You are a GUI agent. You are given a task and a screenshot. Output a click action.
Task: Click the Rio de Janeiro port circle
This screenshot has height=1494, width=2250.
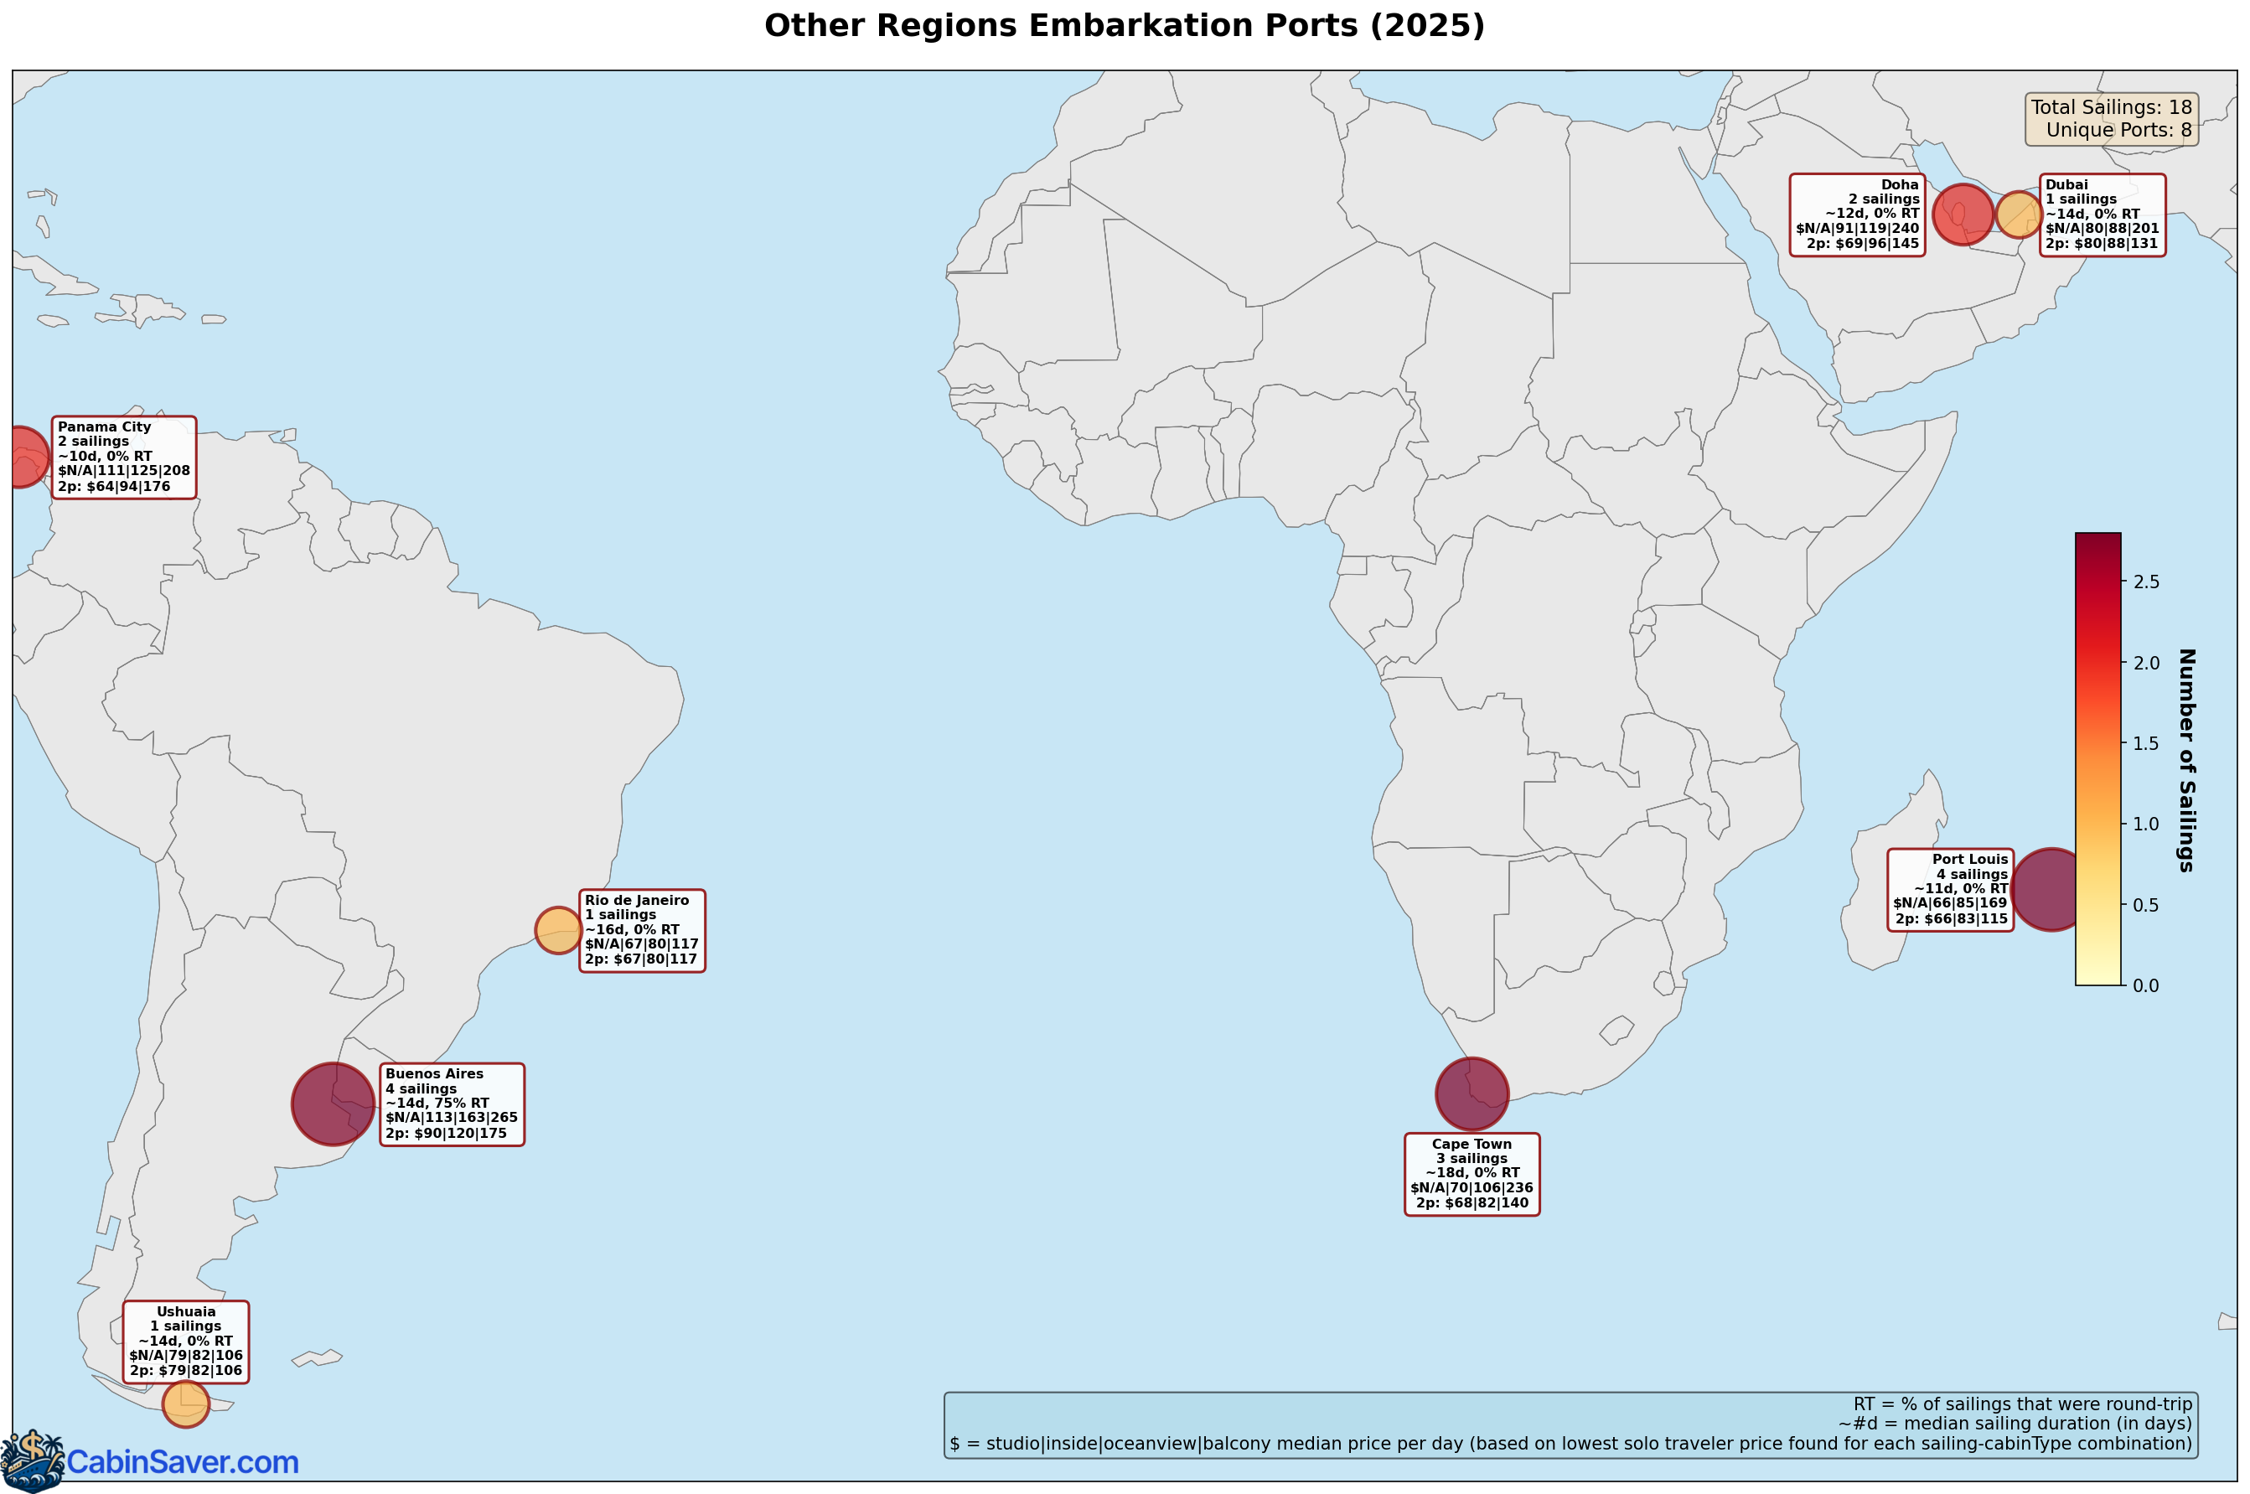click(x=557, y=930)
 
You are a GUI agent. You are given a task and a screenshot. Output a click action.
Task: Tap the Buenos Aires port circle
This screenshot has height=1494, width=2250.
click(x=333, y=1104)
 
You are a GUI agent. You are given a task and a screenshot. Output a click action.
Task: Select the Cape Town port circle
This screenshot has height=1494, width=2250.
click(x=1472, y=1093)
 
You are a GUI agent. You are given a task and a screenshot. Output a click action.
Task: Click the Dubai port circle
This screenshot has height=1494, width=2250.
click(x=2018, y=215)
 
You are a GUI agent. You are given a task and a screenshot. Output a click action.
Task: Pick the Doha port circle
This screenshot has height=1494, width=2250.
click(x=1963, y=215)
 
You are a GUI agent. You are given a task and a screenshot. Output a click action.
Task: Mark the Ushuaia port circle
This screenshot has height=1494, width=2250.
click(x=185, y=1404)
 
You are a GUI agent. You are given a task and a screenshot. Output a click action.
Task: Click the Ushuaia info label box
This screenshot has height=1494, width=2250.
click(x=186, y=1341)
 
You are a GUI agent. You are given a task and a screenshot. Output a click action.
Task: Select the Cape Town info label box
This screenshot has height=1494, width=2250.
click(x=1472, y=1174)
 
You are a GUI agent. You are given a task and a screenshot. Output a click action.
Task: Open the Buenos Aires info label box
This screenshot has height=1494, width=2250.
click(x=452, y=1104)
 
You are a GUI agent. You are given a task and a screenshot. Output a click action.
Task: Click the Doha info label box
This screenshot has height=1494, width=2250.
click(x=1856, y=215)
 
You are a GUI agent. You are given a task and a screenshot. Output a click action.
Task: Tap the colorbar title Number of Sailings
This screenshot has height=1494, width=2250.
click(x=2186, y=759)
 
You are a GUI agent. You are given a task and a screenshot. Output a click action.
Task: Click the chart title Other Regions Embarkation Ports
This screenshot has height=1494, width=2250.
click(x=1125, y=26)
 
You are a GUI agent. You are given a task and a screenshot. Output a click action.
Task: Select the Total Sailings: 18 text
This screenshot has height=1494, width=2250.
click(x=2111, y=107)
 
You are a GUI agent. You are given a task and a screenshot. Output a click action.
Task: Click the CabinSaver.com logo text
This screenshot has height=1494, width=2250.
click(x=182, y=1461)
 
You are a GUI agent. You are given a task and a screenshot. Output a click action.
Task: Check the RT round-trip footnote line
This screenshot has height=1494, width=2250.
click(x=2022, y=1404)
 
